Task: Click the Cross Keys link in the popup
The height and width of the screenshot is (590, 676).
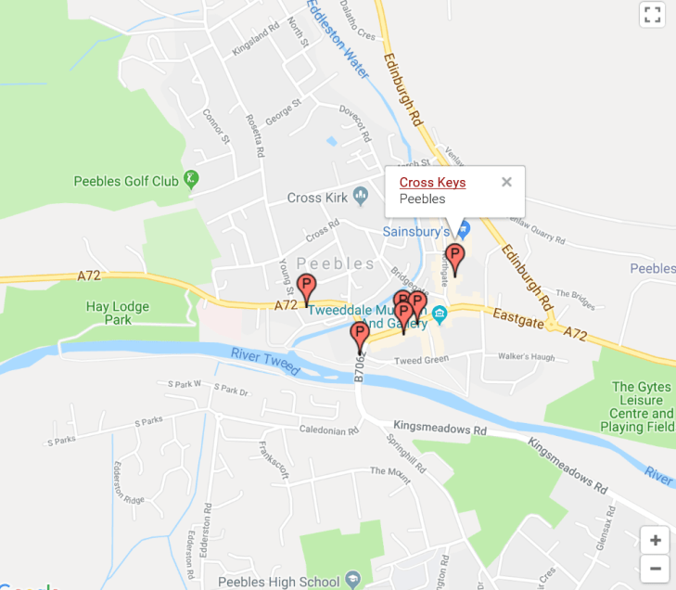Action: pyautogui.click(x=432, y=182)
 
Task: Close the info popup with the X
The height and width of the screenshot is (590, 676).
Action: pyautogui.click(x=506, y=182)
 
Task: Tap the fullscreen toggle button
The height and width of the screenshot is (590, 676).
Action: pyautogui.click(x=652, y=14)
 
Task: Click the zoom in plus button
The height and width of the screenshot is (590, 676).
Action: pyautogui.click(x=655, y=540)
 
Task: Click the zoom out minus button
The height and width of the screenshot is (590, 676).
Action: pyautogui.click(x=655, y=567)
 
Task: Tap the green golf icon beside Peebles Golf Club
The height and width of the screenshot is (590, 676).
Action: pyautogui.click(x=191, y=179)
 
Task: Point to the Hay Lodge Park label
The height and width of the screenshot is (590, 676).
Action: pyautogui.click(x=122, y=313)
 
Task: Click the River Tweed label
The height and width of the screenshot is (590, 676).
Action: pyautogui.click(x=266, y=361)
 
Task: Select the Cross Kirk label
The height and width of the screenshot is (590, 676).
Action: pyautogui.click(x=317, y=198)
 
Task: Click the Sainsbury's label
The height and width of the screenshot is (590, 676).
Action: pyautogui.click(x=416, y=231)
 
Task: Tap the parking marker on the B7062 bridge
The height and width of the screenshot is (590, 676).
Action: pyautogui.click(x=360, y=336)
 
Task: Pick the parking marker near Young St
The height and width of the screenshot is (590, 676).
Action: pyautogui.click(x=306, y=289)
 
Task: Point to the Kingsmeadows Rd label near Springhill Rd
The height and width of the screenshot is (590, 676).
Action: pyautogui.click(x=440, y=431)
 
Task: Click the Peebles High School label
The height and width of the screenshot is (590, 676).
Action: pyautogui.click(x=280, y=582)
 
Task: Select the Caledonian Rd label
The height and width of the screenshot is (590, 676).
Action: pyautogui.click(x=329, y=431)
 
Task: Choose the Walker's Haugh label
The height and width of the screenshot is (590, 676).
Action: pyautogui.click(x=526, y=357)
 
